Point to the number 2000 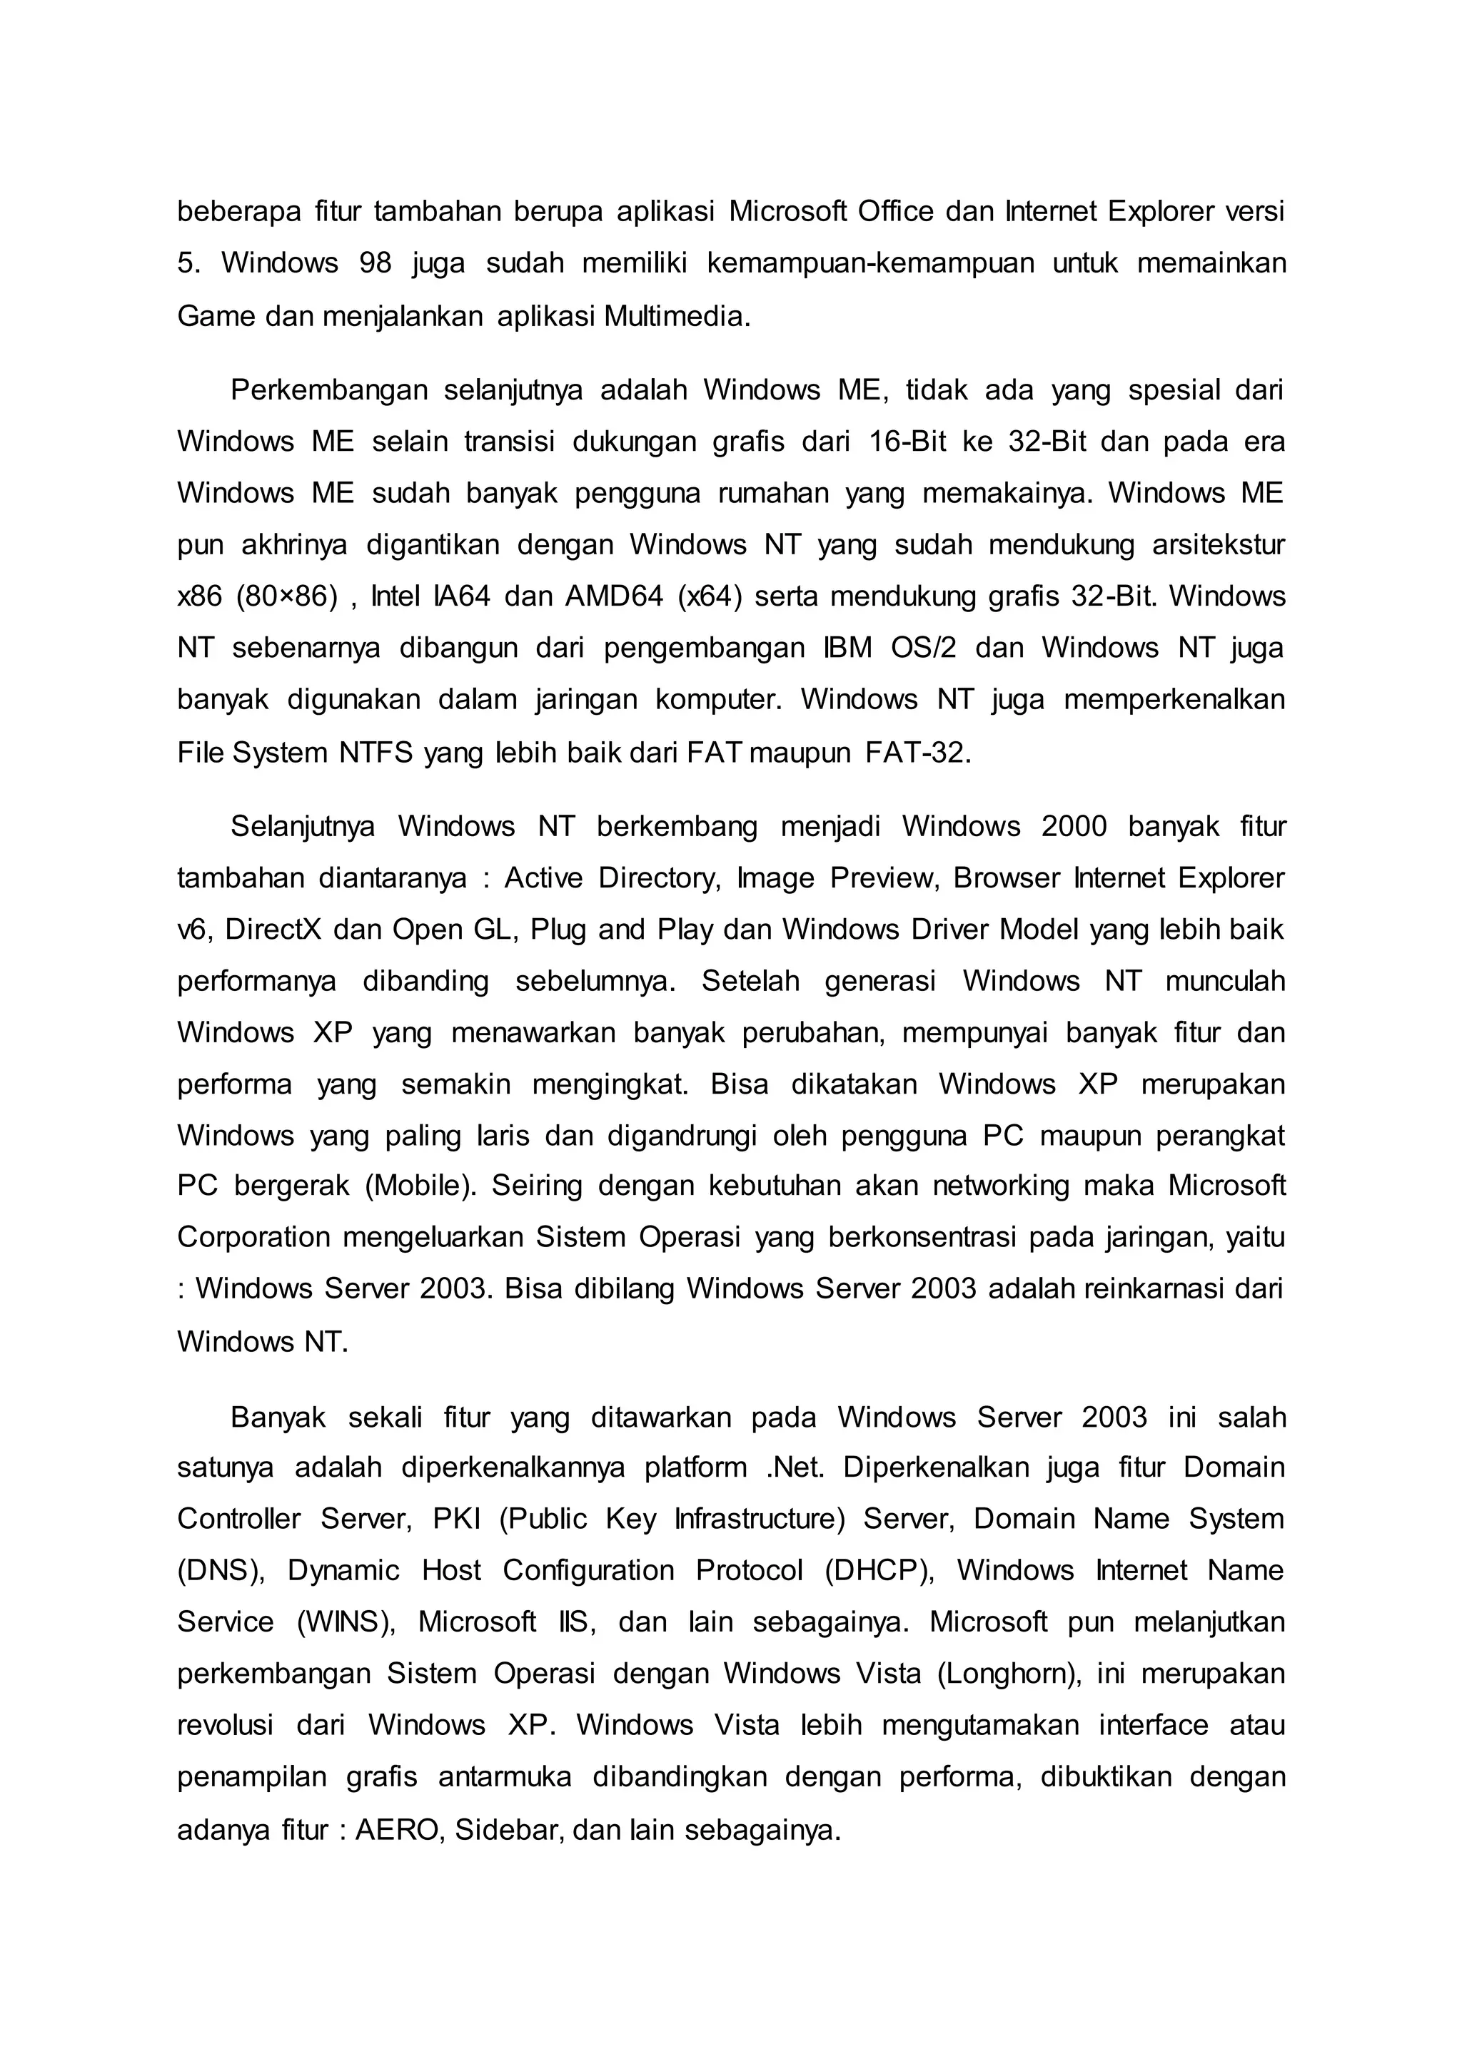pyautogui.click(x=1073, y=826)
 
